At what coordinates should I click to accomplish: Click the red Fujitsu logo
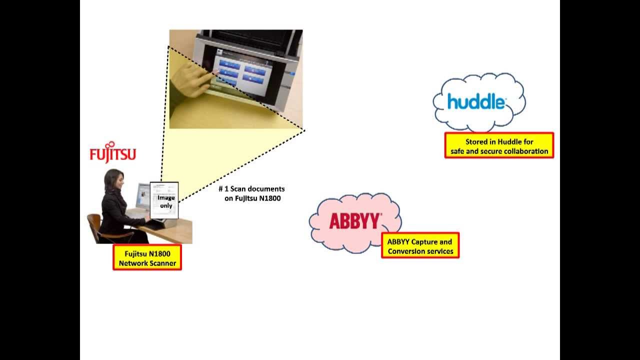click(x=112, y=153)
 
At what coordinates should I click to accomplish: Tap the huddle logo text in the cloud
click(x=476, y=101)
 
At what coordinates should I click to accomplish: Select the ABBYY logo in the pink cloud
click(x=355, y=221)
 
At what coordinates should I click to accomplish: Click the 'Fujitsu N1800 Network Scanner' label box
click(x=147, y=258)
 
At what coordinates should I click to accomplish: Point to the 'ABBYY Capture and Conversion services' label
click(x=420, y=246)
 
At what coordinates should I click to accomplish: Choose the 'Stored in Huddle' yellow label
click(x=499, y=146)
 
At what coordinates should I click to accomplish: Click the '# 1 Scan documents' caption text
click(x=252, y=188)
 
